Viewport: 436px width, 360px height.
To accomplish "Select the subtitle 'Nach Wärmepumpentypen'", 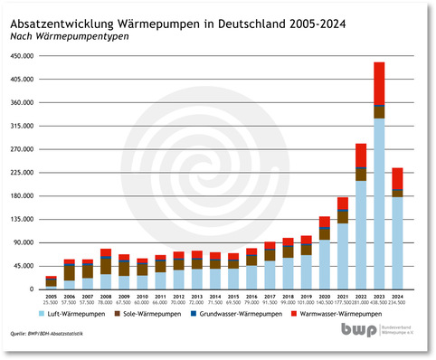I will (66, 36).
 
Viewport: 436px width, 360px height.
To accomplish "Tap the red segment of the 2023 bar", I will (379, 82).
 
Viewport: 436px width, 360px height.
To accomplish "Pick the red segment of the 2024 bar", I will (397, 178).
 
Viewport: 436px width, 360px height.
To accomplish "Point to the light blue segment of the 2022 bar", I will (361, 235).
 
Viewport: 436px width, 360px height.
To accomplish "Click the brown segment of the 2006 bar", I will (70, 272).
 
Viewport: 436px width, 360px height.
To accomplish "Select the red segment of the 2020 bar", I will (324, 223).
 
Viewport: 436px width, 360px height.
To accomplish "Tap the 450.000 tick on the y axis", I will (22, 56).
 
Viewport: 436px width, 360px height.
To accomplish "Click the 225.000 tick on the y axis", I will (22, 173).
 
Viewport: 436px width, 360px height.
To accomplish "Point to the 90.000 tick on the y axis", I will (22, 242).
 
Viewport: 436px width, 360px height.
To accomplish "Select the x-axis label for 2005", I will (51, 296).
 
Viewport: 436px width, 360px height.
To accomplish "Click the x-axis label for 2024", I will (397, 296).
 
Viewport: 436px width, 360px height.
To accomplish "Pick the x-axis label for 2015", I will (232, 296).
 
